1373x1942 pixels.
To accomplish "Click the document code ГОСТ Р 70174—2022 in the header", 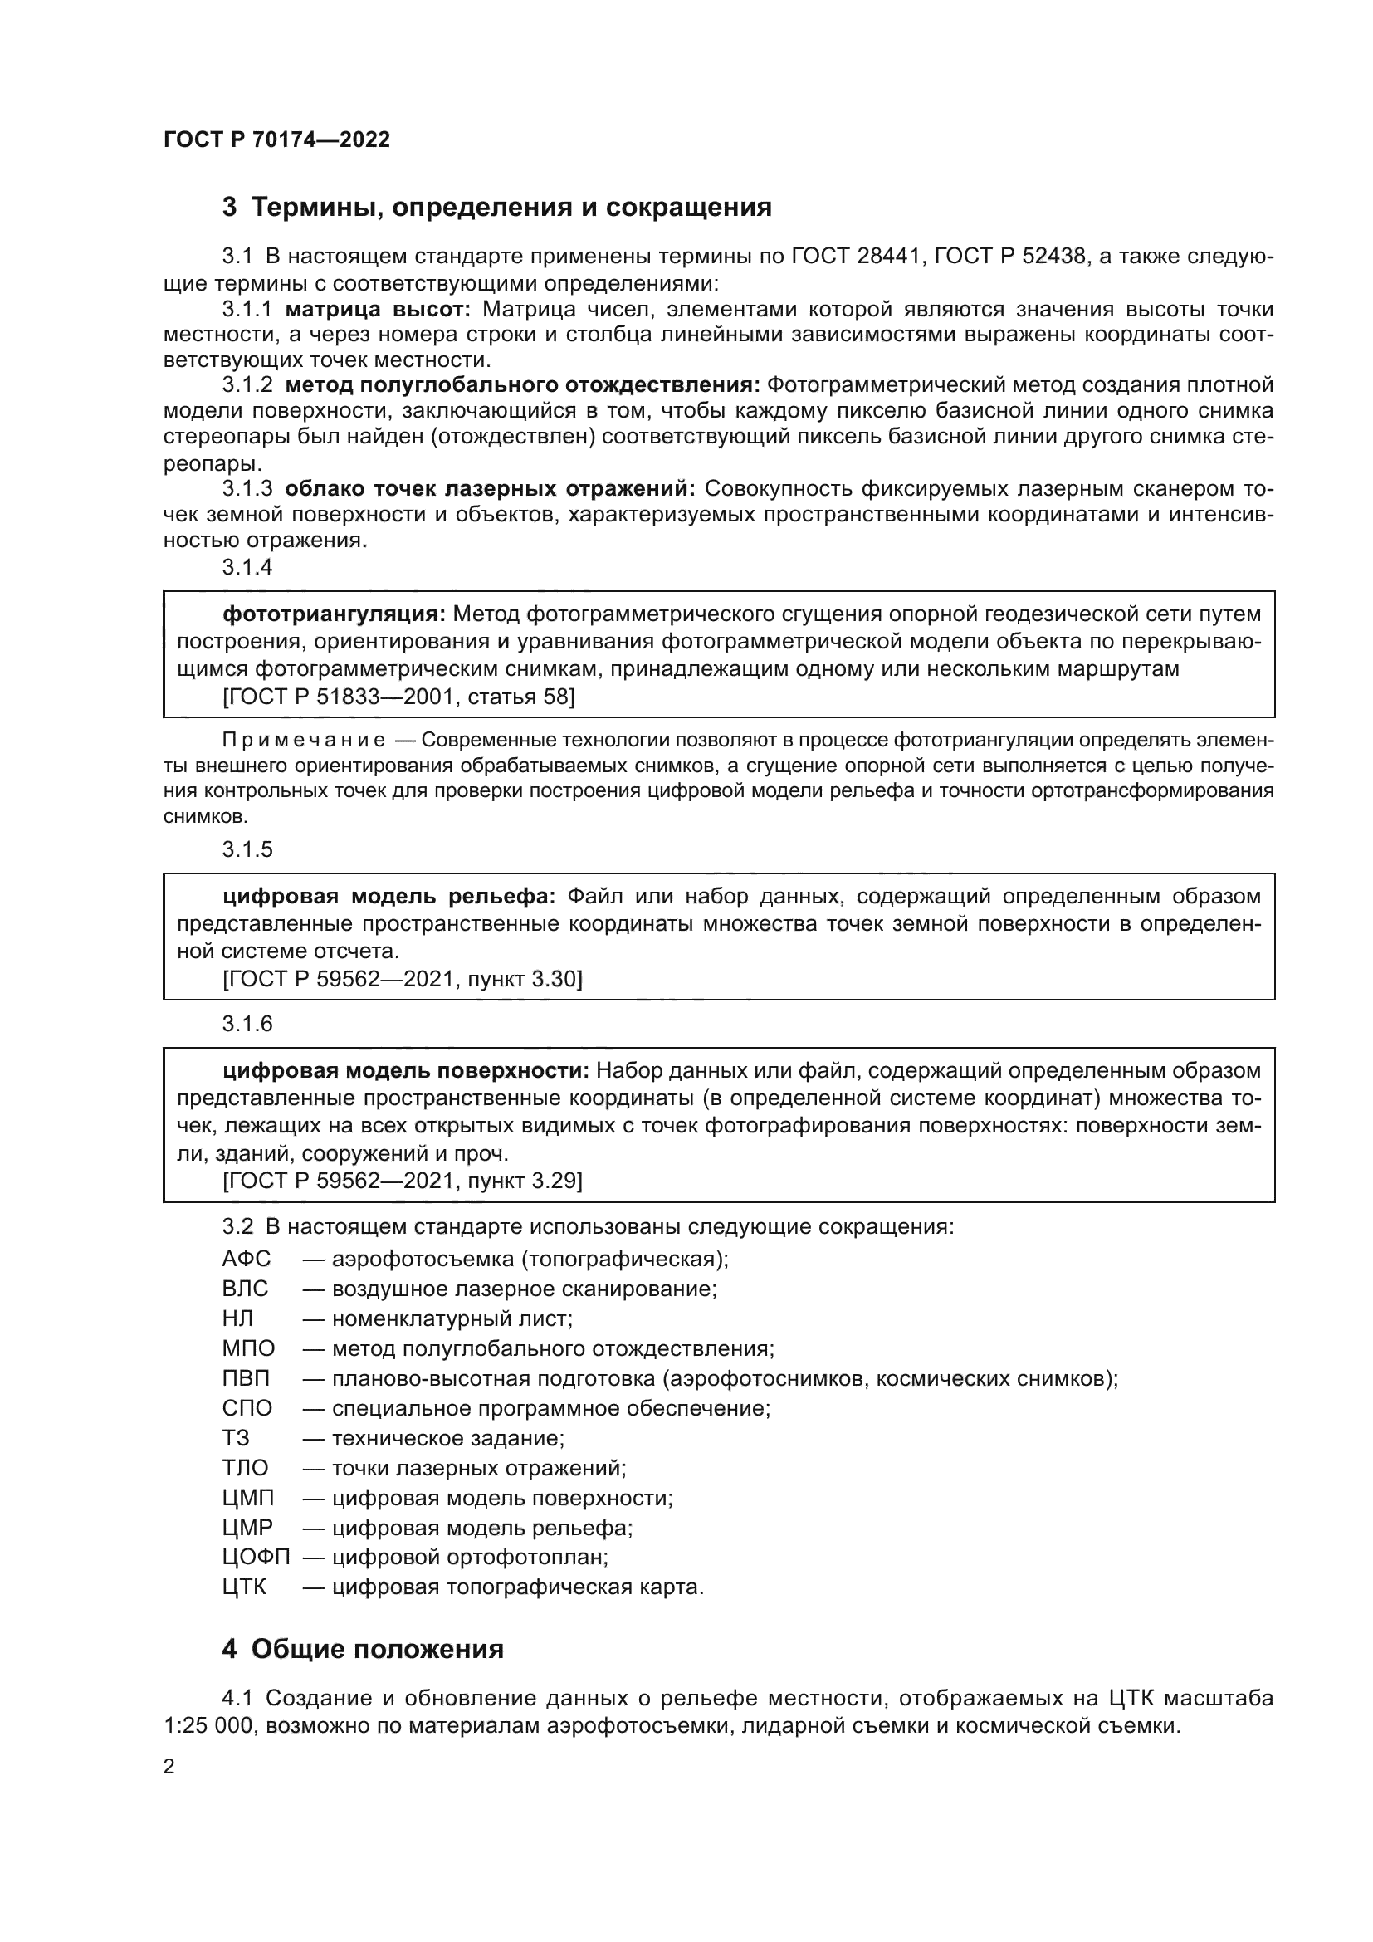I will tap(276, 140).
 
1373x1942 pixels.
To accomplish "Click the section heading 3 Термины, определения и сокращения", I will tap(497, 208).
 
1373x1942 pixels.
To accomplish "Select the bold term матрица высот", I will tap(377, 310).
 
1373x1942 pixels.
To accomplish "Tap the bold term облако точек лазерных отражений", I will tap(490, 489).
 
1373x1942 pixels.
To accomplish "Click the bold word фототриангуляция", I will tap(334, 614).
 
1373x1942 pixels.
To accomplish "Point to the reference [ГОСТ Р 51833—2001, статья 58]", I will tap(398, 697).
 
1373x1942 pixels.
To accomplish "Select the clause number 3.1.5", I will tap(247, 849).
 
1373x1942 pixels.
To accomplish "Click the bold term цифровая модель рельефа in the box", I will tap(388, 897).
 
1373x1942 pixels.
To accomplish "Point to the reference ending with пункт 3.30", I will tap(403, 980).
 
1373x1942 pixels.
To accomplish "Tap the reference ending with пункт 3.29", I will tap(403, 1181).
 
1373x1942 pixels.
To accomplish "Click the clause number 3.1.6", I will tap(247, 1025).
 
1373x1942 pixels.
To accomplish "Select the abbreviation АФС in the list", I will tap(246, 1260).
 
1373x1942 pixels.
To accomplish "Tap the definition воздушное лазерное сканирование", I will tap(523, 1289).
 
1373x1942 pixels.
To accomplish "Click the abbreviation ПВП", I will tap(246, 1379).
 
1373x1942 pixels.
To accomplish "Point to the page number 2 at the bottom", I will tap(169, 1768).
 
